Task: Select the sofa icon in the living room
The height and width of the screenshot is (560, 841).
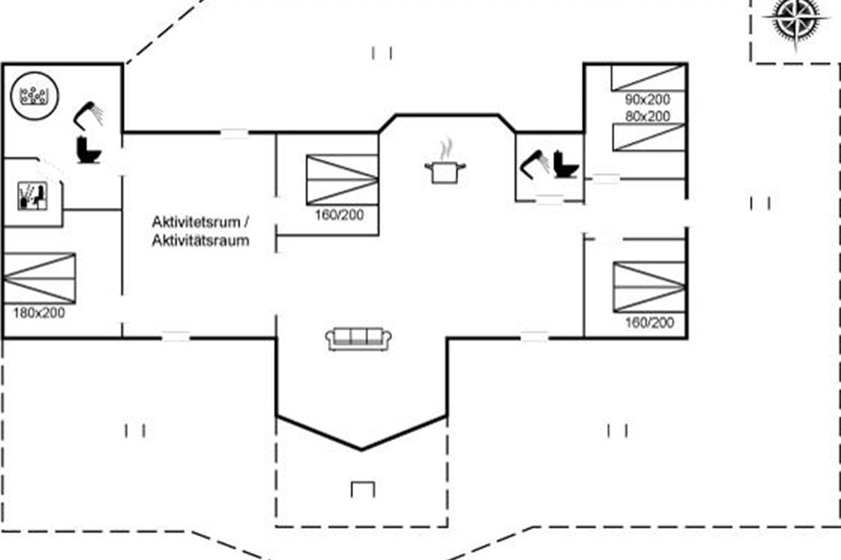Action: click(358, 339)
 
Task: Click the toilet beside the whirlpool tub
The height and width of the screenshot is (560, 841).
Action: click(88, 149)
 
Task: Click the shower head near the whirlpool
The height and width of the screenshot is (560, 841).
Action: click(89, 115)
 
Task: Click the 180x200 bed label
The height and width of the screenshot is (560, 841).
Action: click(39, 313)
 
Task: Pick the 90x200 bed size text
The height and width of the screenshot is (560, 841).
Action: click(647, 100)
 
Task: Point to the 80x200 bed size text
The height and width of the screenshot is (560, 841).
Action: click(647, 116)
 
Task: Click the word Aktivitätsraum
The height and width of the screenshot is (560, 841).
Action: click(200, 241)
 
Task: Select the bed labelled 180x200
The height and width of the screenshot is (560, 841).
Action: click(39, 277)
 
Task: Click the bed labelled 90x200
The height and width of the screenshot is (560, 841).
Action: click(647, 78)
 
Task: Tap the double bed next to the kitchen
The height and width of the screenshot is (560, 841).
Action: click(342, 180)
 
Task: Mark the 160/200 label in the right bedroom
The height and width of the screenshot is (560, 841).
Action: click(649, 323)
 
